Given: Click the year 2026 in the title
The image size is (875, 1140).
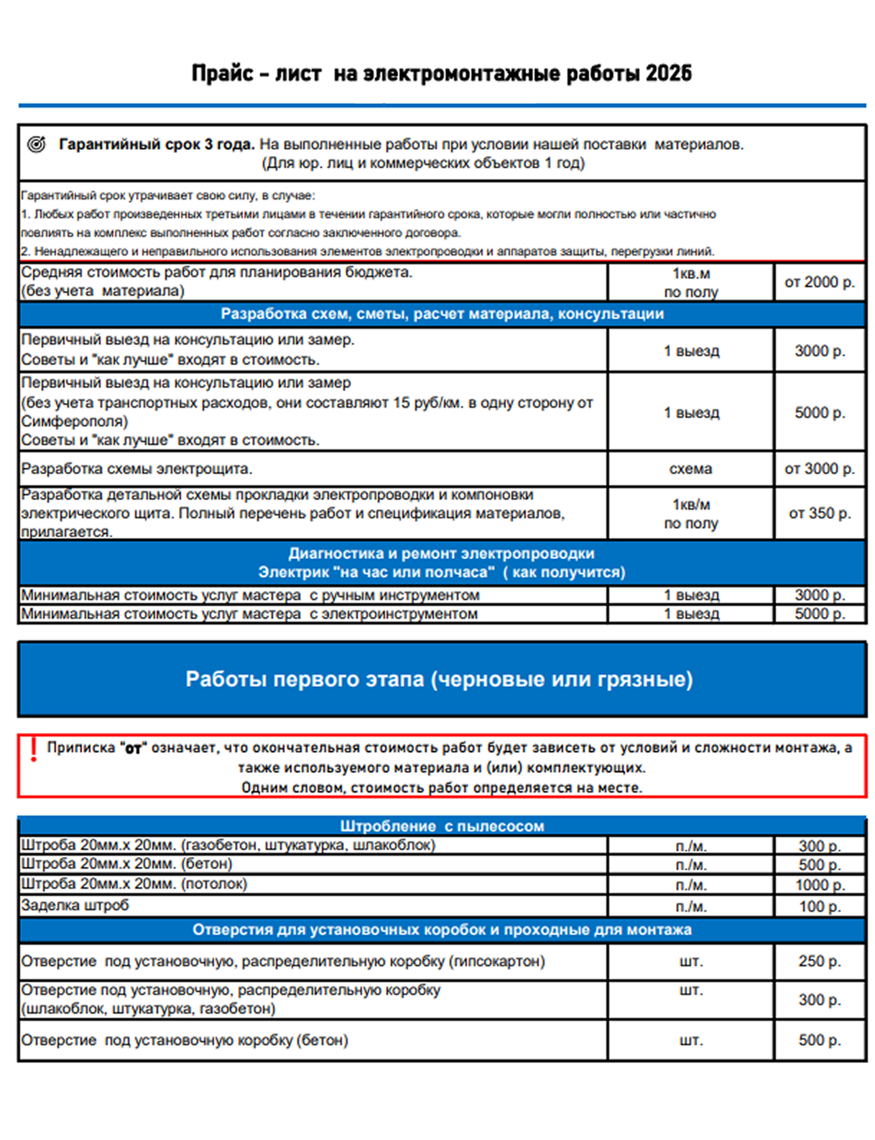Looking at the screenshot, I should (668, 73).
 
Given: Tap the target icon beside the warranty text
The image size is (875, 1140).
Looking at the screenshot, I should (37, 144).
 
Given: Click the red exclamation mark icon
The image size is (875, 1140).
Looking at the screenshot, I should (33, 749).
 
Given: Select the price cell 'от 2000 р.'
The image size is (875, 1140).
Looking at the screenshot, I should (819, 282).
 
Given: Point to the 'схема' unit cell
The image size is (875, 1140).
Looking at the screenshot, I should (690, 469).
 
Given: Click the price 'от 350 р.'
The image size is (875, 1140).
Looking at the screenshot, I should (819, 513).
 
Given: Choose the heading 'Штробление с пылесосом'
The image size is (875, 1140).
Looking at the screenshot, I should (442, 826).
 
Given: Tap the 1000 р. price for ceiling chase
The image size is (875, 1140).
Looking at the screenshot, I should (819, 884).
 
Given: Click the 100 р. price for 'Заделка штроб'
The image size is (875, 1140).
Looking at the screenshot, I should (819, 906).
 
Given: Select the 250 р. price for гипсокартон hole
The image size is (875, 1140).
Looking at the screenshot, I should (819, 961).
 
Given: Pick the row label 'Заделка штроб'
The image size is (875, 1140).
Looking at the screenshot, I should (75, 905).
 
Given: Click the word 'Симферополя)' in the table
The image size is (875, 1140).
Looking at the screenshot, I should (75, 421).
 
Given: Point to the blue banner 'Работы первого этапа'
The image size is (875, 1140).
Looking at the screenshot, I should (439, 679).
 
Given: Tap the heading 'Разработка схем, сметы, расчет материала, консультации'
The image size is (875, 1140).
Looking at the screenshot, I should (442, 314).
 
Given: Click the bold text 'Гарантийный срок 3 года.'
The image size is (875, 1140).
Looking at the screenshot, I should (157, 144).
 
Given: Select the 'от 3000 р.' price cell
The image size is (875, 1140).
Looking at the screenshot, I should (819, 469).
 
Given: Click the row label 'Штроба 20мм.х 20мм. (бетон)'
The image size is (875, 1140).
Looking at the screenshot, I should (126, 864).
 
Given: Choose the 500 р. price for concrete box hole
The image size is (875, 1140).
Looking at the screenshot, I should (819, 1040).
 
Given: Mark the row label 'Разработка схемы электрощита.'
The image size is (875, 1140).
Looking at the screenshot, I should (136, 469).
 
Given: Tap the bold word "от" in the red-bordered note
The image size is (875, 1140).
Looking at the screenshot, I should (133, 749).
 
